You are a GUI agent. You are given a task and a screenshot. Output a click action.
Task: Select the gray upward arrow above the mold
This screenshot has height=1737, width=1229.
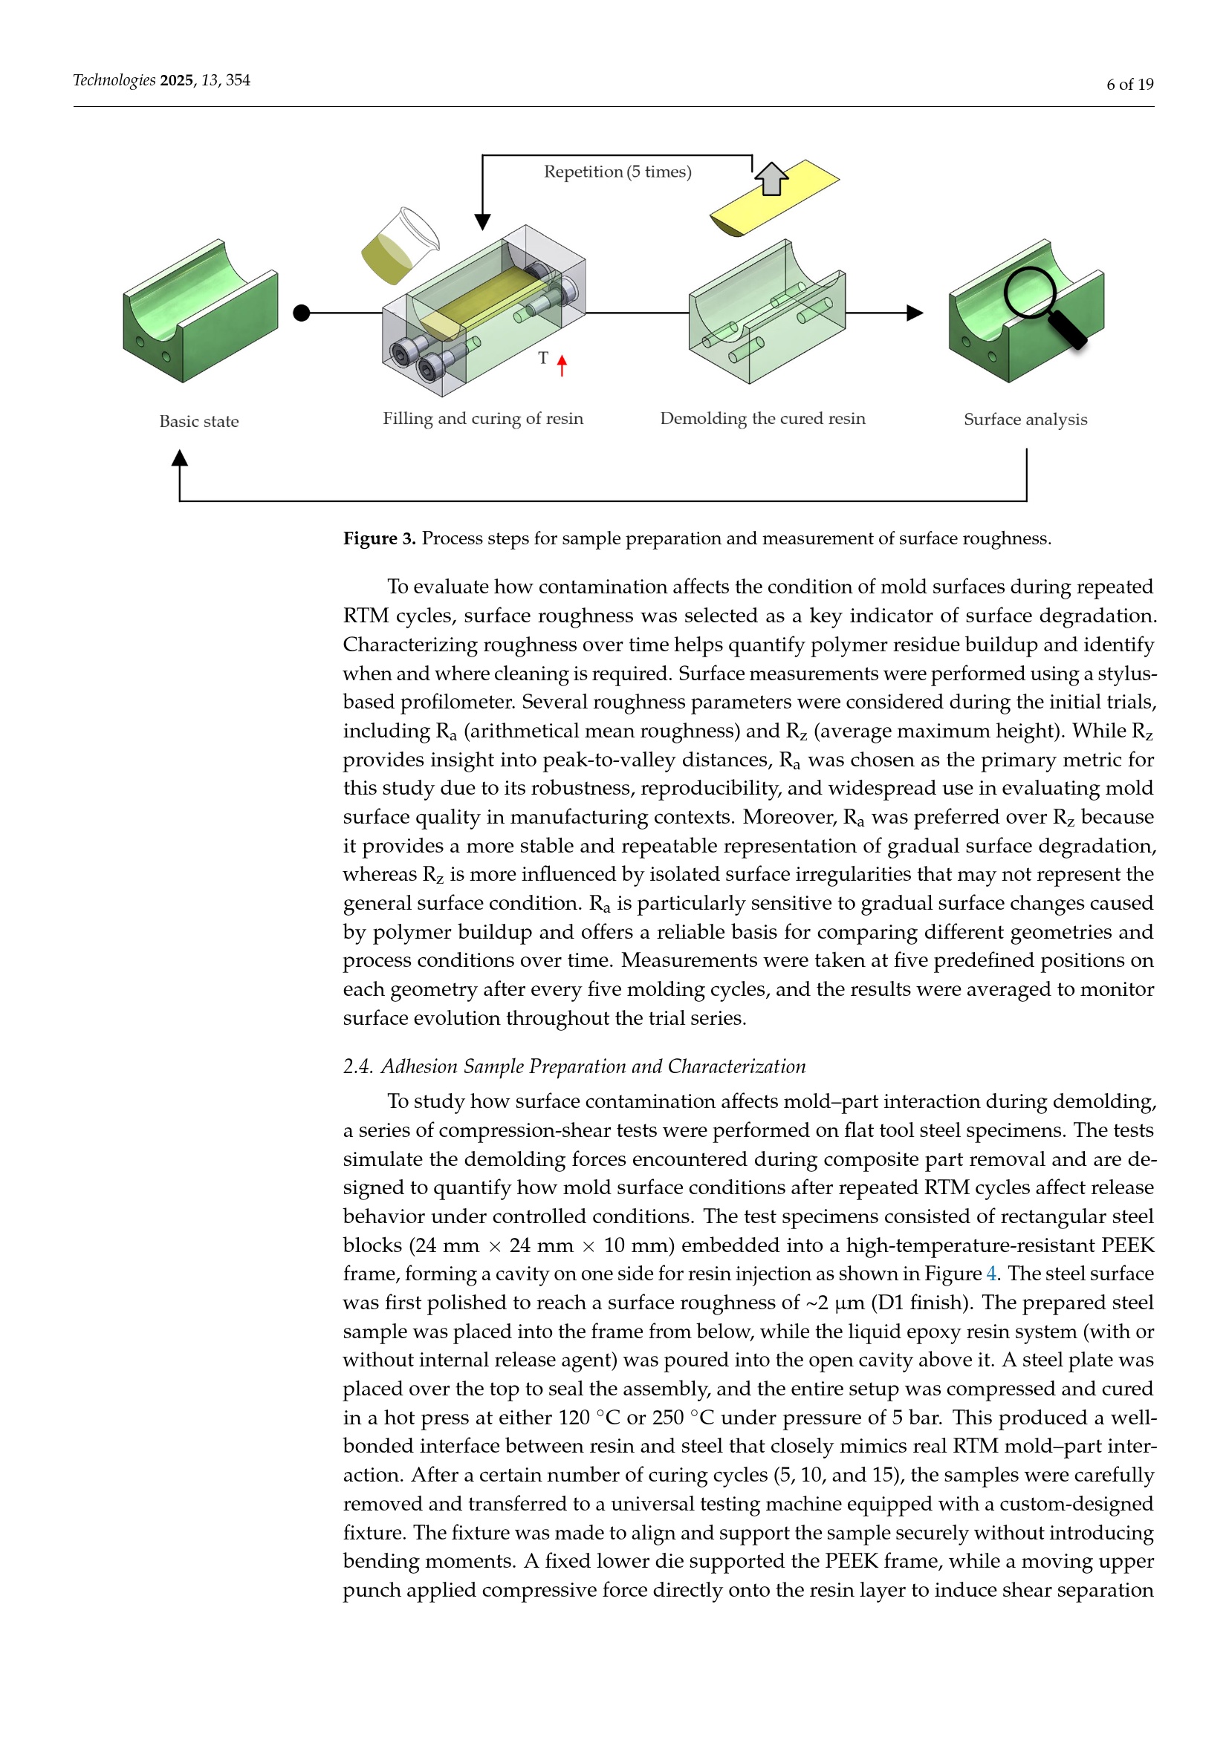(x=771, y=179)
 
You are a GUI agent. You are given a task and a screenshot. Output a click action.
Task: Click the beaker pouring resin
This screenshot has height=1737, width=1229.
(x=400, y=246)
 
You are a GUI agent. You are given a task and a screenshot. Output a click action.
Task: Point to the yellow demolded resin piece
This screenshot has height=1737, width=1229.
(x=774, y=198)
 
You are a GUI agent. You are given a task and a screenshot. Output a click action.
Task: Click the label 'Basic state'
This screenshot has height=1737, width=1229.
(x=199, y=421)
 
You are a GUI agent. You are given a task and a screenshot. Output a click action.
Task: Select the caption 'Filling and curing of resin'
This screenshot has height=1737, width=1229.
(x=483, y=418)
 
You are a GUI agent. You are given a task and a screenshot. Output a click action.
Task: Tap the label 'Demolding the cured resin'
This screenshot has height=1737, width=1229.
(x=762, y=418)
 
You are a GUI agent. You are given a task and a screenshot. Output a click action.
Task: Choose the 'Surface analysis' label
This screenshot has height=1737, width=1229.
(x=1025, y=419)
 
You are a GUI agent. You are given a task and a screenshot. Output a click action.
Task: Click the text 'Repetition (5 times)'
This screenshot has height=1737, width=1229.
(x=617, y=172)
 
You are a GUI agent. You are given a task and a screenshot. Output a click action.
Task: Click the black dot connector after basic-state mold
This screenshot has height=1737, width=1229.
(x=301, y=313)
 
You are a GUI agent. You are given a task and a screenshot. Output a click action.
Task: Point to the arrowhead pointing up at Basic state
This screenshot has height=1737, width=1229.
(x=179, y=457)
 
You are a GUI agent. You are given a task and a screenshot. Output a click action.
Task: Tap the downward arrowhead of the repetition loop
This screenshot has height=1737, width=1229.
(x=482, y=221)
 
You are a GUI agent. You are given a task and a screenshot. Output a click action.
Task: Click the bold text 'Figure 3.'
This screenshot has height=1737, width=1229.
(x=379, y=538)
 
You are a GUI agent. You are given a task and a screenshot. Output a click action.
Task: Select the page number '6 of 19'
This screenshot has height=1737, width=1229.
(x=1129, y=84)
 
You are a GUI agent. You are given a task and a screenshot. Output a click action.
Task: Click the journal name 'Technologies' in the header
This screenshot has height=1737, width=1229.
(x=114, y=80)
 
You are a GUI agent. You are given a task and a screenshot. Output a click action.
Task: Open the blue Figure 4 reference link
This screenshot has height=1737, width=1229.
(x=991, y=1274)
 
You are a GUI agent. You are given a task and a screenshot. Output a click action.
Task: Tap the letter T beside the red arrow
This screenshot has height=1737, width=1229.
(x=543, y=358)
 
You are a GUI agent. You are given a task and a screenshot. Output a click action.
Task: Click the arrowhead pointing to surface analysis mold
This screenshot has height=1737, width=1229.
(x=914, y=313)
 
